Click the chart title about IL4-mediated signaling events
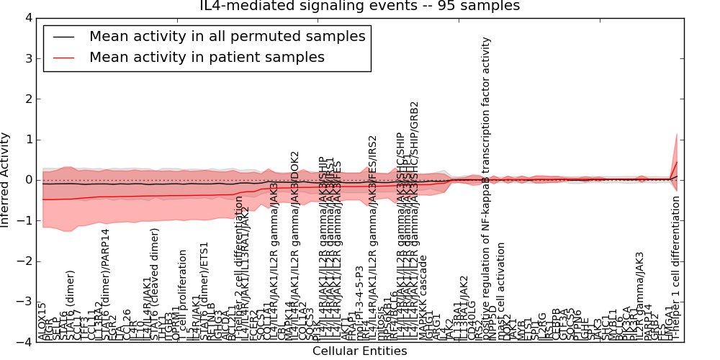point(360,6)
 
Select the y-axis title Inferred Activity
point(6,180)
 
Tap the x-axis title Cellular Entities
point(359,351)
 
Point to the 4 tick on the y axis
point(28,17)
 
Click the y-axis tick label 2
point(28,99)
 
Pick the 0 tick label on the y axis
point(28,180)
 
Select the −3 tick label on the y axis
point(25,302)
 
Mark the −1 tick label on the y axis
point(25,221)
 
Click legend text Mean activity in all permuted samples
point(227,36)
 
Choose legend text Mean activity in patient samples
point(207,57)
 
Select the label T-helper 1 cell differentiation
point(676,266)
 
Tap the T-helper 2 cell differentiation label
point(239,277)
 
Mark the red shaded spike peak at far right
point(677,134)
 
